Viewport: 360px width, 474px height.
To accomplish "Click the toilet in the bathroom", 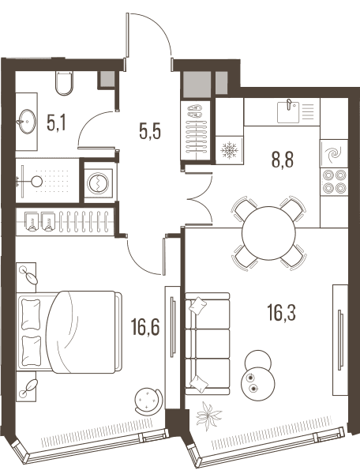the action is [x=64, y=83].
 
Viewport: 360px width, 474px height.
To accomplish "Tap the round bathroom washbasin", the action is [x=27, y=121].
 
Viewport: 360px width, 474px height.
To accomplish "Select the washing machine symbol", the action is [x=98, y=182].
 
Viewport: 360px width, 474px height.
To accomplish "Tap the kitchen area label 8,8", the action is [x=283, y=160].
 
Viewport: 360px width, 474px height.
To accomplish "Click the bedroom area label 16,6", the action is [x=145, y=328].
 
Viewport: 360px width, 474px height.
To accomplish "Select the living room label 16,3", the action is [x=282, y=313].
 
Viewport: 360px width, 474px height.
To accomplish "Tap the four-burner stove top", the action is [x=334, y=182].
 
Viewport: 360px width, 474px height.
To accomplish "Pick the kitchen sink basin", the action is [x=288, y=111].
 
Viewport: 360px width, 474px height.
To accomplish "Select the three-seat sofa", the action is [x=207, y=344].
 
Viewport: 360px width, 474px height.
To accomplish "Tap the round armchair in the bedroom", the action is [x=148, y=401].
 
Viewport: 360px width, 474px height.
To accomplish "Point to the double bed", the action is [x=70, y=332].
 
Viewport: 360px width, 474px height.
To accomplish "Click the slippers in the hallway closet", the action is [x=195, y=111].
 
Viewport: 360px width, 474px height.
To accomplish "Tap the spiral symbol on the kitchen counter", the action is [x=334, y=153].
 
